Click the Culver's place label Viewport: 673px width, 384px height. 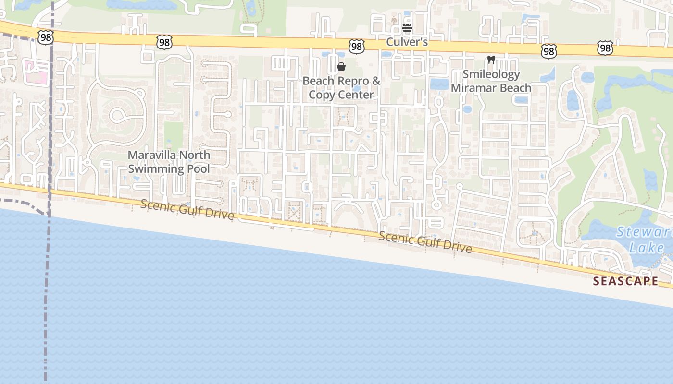coord(407,42)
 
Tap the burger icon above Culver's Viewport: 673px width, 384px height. coord(407,28)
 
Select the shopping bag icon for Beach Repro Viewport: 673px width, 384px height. coord(341,67)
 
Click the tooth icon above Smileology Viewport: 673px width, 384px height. coord(491,60)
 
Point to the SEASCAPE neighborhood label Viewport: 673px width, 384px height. coord(625,281)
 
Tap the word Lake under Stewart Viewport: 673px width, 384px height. coord(647,248)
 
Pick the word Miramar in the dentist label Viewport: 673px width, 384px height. coord(472,88)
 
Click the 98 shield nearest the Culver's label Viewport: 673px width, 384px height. coord(356,46)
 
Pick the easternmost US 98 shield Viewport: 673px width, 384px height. coord(605,48)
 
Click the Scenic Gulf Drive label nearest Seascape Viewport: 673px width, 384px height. coord(425,242)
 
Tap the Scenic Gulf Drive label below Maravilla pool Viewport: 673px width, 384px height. coord(187,209)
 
